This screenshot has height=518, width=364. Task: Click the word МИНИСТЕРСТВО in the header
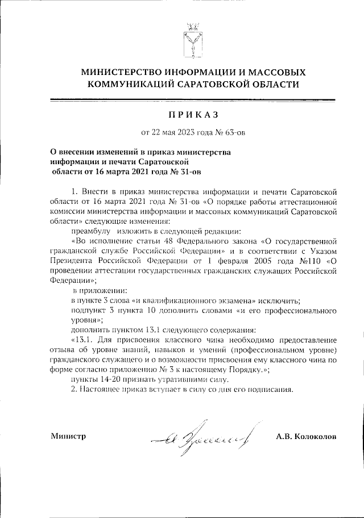pyautogui.click(x=121, y=73)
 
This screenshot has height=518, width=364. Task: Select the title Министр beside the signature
pyautogui.click(x=68, y=436)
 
